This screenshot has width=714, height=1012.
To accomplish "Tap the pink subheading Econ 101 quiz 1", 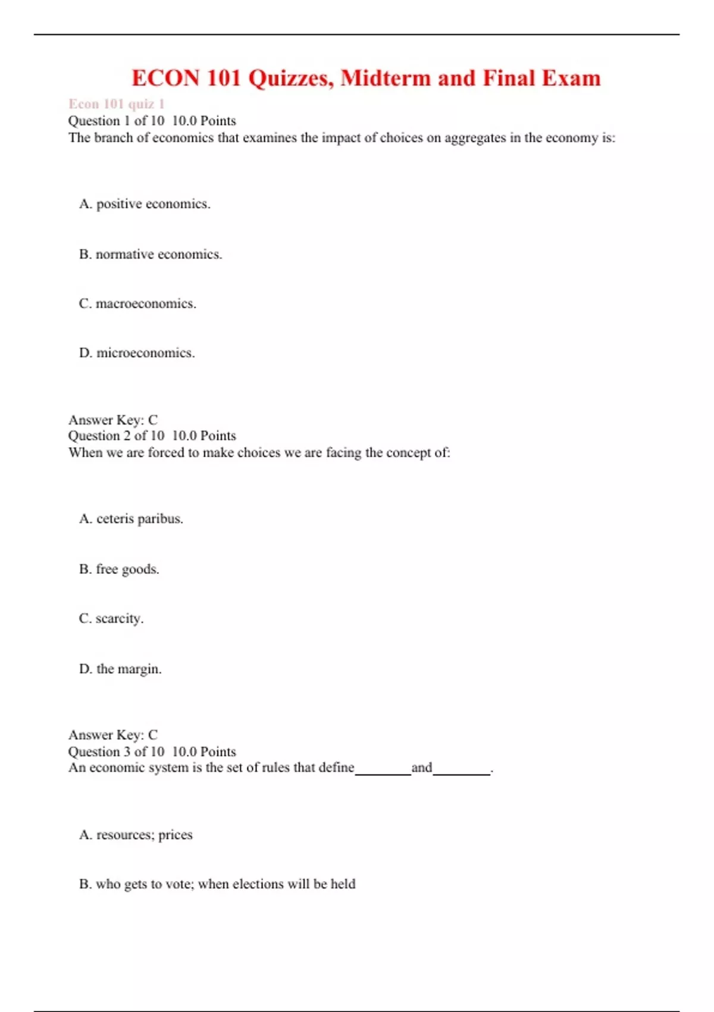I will [x=117, y=104].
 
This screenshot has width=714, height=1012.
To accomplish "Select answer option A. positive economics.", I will [x=145, y=204].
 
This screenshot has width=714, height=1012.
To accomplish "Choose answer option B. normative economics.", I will [x=151, y=254].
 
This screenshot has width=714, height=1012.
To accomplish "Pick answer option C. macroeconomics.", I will [x=137, y=304].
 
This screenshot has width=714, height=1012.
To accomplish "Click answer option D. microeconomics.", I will [x=137, y=353].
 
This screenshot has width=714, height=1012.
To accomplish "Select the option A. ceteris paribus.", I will [x=131, y=519].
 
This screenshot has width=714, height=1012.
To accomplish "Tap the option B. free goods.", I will [x=119, y=569].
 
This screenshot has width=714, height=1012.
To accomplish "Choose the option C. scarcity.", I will [x=111, y=619].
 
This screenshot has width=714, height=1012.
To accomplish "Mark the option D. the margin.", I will [x=120, y=669].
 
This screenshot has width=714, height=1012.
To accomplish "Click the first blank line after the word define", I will [x=383, y=772].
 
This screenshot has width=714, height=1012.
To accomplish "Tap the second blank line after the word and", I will [x=461, y=772].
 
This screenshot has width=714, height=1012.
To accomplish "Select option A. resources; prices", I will [x=136, y=835].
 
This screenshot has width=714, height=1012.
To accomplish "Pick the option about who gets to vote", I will [x=217, y=884].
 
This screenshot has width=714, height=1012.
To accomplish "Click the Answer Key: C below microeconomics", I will [x=113, y=420].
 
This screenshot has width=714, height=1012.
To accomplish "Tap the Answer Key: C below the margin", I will [x=113, y=735].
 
